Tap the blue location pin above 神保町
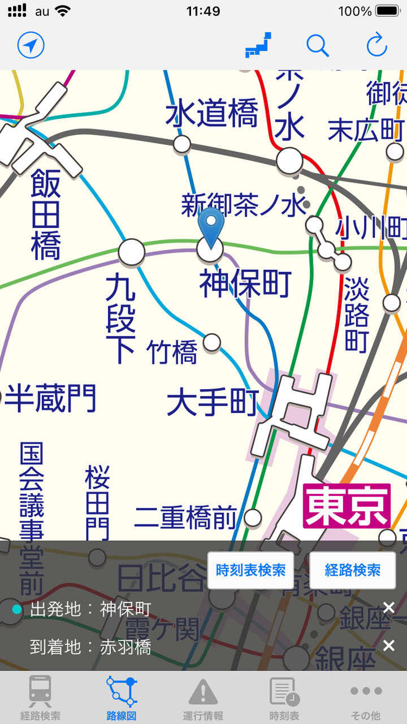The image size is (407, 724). pos(211,226)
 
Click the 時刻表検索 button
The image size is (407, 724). pos(250,570)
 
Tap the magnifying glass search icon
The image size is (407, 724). pos(318,45)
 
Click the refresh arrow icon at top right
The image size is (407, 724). pos(376,45)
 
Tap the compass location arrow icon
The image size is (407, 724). pos(31,45)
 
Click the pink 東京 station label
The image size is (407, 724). pos(347,506)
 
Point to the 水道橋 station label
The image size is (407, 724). pos(211,113)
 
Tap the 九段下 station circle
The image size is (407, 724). pos(132,252)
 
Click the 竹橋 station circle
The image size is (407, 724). pos(212,342)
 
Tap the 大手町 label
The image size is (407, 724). pos(213,403)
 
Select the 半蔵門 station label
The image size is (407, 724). pos(50,398)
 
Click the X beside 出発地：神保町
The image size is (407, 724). pos(389,608)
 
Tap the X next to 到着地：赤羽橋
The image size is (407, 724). pos(389,645)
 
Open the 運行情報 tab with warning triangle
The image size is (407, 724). pos(203,698)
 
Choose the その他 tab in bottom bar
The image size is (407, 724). pos(366,698)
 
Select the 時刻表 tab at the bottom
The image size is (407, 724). pos(284,698)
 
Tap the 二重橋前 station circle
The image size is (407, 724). pos(253,517)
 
